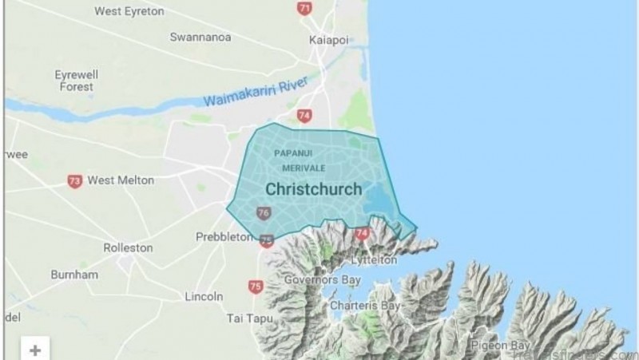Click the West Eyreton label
[x=129, y=11]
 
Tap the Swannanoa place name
[x=200, y=38]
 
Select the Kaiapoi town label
[x=326, y=39]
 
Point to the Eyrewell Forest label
[x=76, y=80]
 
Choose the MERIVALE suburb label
[x=304, y=168]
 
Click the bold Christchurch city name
[x=313, y=190]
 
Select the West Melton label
[x=120, y=180]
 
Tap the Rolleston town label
[x=128, y=247]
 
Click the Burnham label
[x=74, y=274]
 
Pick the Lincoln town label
[x=204, y=296]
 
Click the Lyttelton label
[x=374, y=260]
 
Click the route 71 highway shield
[x=304, y=8]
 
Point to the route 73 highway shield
[x=74, y=181]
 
